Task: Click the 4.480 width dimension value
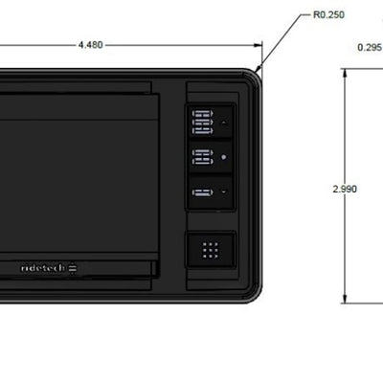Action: coord(91,45)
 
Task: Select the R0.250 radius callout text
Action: coord(328,15)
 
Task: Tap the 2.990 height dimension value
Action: coord(345,189)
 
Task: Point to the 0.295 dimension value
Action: coord(370,48)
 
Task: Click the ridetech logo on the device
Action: coord(49,268)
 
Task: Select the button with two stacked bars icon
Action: coord(211,157)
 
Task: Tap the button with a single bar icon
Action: coord(211,191)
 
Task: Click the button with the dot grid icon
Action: coord(211,250)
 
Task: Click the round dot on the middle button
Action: coord(224,157)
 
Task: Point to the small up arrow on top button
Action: coord(224,123)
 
